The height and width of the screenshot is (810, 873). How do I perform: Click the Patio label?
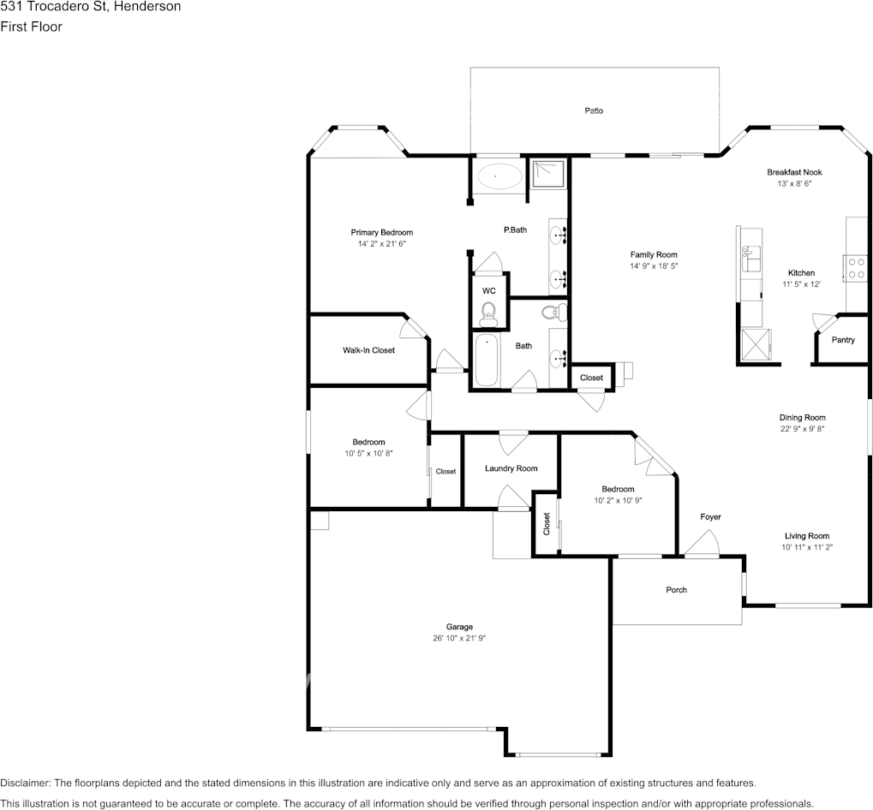pos(594,110)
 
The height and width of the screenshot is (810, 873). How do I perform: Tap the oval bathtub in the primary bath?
pos(499,177)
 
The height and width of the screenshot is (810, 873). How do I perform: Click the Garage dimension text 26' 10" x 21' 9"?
pos(459,639)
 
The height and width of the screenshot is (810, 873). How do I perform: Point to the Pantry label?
pos(843,340)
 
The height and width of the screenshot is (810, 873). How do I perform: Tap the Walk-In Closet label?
pos(368,350)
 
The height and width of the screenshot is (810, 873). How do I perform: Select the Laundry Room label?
pos(511,468)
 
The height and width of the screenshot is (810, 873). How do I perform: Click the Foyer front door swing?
pos(704,543)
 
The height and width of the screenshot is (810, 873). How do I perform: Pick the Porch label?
pos(677,590)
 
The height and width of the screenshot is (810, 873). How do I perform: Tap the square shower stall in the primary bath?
pos(547,176)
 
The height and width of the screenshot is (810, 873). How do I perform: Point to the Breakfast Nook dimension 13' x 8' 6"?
pos(793,184)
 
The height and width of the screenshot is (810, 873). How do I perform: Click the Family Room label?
pos(654,255)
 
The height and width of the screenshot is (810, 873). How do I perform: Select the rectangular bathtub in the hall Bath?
pos(486,360)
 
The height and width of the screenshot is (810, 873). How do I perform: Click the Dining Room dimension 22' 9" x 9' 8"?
pos(802,430)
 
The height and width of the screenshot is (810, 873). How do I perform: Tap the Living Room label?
pos(806,536)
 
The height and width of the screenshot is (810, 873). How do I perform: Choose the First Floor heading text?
pos(31,27)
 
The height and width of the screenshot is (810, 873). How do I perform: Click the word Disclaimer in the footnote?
pos(25,783)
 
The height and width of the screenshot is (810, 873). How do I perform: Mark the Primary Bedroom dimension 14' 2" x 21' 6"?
pos(381,244)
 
